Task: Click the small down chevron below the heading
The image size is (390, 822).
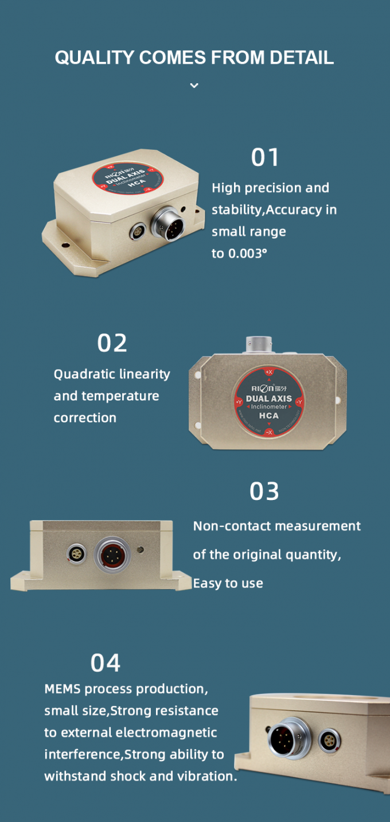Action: [x=194, y=86]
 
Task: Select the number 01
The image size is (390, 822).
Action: [x=265, y=157]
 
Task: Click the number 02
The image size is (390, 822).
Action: [x=112, y=343]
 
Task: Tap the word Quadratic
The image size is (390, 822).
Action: [x=83, y=374]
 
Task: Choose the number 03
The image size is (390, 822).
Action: [x=264, y=491]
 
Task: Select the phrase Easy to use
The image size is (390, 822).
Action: [x=228, y=583]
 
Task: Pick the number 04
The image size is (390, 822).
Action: [x=106, y=663]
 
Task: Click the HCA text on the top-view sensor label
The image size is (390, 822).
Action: [x=268, y=416]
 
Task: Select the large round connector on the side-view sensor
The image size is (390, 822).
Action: [x=112, y=555]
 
